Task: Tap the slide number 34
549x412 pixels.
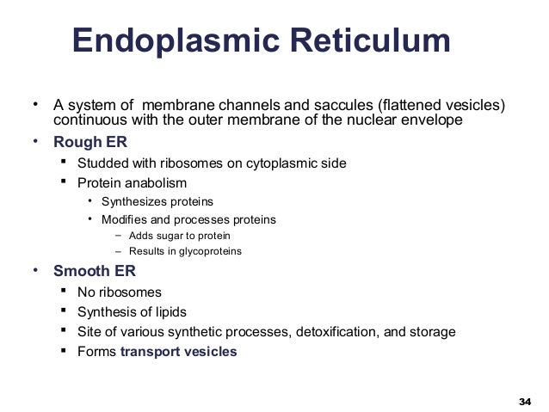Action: (x=525, y=401)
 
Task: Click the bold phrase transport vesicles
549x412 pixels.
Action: (x=178, y=351)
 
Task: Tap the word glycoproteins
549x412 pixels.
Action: (x=207, y=251)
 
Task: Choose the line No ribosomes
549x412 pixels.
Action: (x=119, y=292)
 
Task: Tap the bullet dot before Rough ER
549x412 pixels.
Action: (x=36, y=141)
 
